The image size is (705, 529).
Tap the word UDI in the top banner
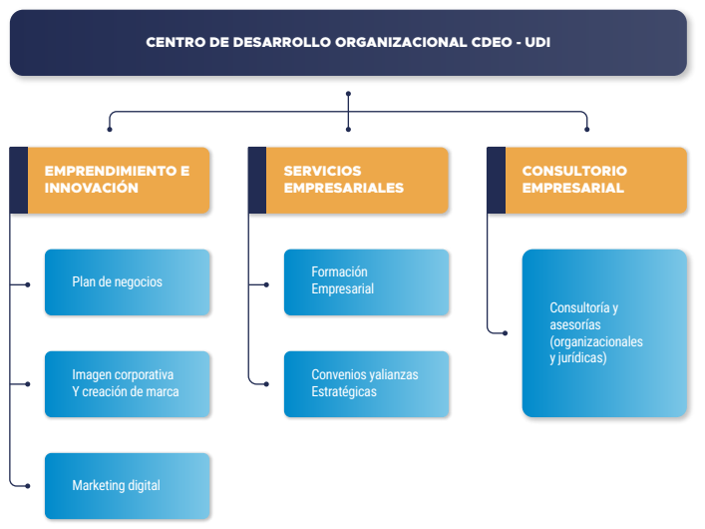point(537,42)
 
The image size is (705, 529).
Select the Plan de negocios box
point(128,282)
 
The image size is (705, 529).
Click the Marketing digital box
point(128,486)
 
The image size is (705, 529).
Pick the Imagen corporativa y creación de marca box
point(128,384)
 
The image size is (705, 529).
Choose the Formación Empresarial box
point(366,282)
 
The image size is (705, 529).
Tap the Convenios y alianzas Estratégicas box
point(366,384)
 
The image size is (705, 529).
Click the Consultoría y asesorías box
point(604,333)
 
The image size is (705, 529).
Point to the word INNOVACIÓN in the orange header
point(92,188)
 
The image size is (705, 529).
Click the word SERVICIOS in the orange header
point(322,171)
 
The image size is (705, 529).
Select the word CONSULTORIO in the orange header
point(574,171)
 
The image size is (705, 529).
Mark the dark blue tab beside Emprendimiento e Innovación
point(18,180)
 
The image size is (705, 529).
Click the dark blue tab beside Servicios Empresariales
point(257,180)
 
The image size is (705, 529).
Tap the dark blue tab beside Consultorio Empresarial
point(496,180)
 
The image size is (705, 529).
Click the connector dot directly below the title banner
point(348,94)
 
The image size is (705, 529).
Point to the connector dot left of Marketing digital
point(28,486)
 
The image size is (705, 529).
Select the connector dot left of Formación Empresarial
point(266,284)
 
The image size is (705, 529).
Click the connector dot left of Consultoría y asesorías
point(506,333)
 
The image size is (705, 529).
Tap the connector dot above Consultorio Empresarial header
point(586,129)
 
